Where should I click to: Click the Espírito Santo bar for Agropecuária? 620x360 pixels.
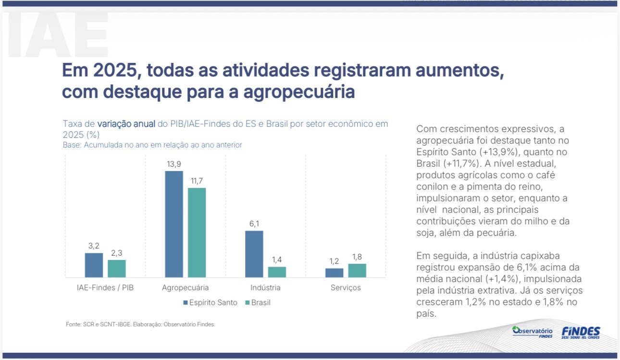(174, 224)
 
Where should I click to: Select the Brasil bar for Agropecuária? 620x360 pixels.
(197, 233)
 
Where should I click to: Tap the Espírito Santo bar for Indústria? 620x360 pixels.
(254, 254)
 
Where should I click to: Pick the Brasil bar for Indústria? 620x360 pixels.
(277, 272)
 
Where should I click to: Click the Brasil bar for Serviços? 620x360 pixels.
(357, 271)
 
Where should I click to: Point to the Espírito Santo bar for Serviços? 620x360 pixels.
(334, 273)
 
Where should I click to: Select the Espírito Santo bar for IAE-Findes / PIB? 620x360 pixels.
(94, 265)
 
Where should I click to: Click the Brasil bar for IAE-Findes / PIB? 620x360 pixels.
(117, 269)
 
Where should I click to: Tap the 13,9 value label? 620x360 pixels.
(174, 164)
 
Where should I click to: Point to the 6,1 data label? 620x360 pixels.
(254, 224)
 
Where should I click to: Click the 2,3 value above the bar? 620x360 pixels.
(117, 253)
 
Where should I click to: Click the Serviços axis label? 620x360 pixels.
(345, 288)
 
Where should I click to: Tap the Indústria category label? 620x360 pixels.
(265, 288)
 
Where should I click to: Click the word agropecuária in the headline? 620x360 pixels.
(299, 91)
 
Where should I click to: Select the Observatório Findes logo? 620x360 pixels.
(532, 332)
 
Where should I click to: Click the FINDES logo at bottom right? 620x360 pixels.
(581, 332)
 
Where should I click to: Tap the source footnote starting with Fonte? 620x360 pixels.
(140, 324)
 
